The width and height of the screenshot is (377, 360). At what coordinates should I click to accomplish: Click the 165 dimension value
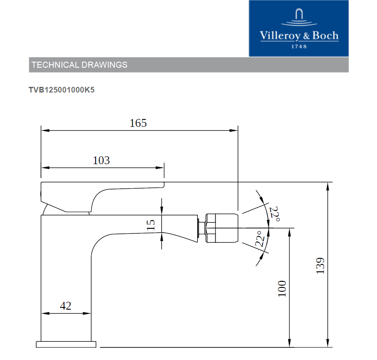138,123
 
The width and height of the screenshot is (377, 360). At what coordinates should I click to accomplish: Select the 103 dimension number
101,160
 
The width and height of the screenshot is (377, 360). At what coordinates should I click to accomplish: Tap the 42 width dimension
66,306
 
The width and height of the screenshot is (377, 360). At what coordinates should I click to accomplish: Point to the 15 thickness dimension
151,225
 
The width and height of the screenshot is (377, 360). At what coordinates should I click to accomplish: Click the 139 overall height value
320,266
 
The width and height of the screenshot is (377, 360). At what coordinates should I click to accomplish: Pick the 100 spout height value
282,289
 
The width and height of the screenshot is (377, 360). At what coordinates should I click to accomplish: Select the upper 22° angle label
274,214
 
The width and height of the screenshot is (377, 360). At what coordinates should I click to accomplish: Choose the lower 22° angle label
260,239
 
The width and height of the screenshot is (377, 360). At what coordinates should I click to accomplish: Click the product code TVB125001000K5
62,90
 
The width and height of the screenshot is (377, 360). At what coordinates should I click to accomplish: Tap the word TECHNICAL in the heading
55,65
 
